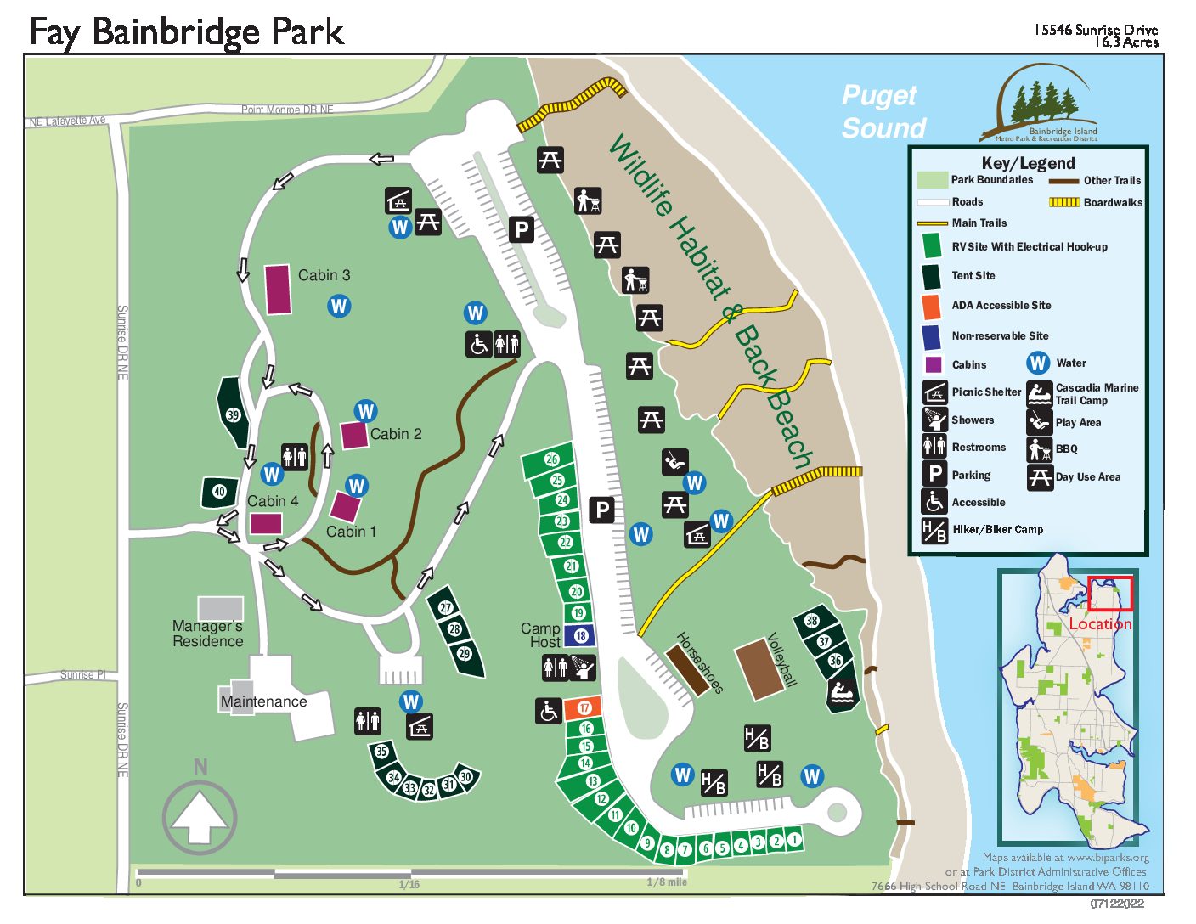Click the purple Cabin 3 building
tap(278, 290)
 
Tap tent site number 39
tap(233, 414)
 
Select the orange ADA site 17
tap(584, 707)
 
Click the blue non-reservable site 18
tap(580, 635)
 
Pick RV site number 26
tap(550, 459)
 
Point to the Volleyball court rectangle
tap(760, 669)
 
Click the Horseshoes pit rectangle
tap(687, 670)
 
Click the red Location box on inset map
tap(1110, 594)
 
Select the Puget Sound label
tap(883, 111)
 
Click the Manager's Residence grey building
tap(220, 608)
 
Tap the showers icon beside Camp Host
tap(583, 668)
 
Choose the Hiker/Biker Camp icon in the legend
tap(934, 530)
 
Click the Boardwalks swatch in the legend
tap(1063, 202)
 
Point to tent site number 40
tap(219, 492)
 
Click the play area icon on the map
tap(674, 460)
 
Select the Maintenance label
tap(263, 701)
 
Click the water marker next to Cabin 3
tap(339, 306)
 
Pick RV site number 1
tap(793, 839)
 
